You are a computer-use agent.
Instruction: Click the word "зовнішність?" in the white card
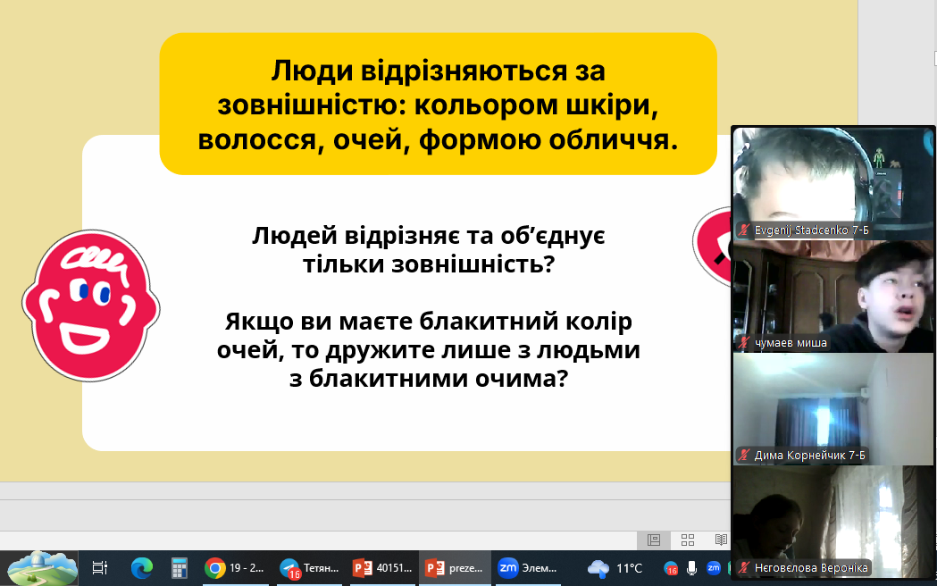coord(473,264)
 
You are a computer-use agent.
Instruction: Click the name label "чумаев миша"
coord(791,343)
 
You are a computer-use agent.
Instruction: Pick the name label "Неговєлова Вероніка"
coord(811,568)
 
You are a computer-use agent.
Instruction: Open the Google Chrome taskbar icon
coord(215,568)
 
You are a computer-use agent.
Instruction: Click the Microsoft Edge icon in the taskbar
coord(142,568)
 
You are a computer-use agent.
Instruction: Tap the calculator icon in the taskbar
coord(179,568)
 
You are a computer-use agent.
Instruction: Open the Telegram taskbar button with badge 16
coord(309,568)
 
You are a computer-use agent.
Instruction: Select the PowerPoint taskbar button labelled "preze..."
coord(454,568)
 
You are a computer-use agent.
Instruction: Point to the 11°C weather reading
coord(629,568)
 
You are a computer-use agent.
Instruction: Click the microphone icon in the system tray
coord(691,568)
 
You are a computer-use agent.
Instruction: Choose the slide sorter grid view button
coord(688,540)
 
